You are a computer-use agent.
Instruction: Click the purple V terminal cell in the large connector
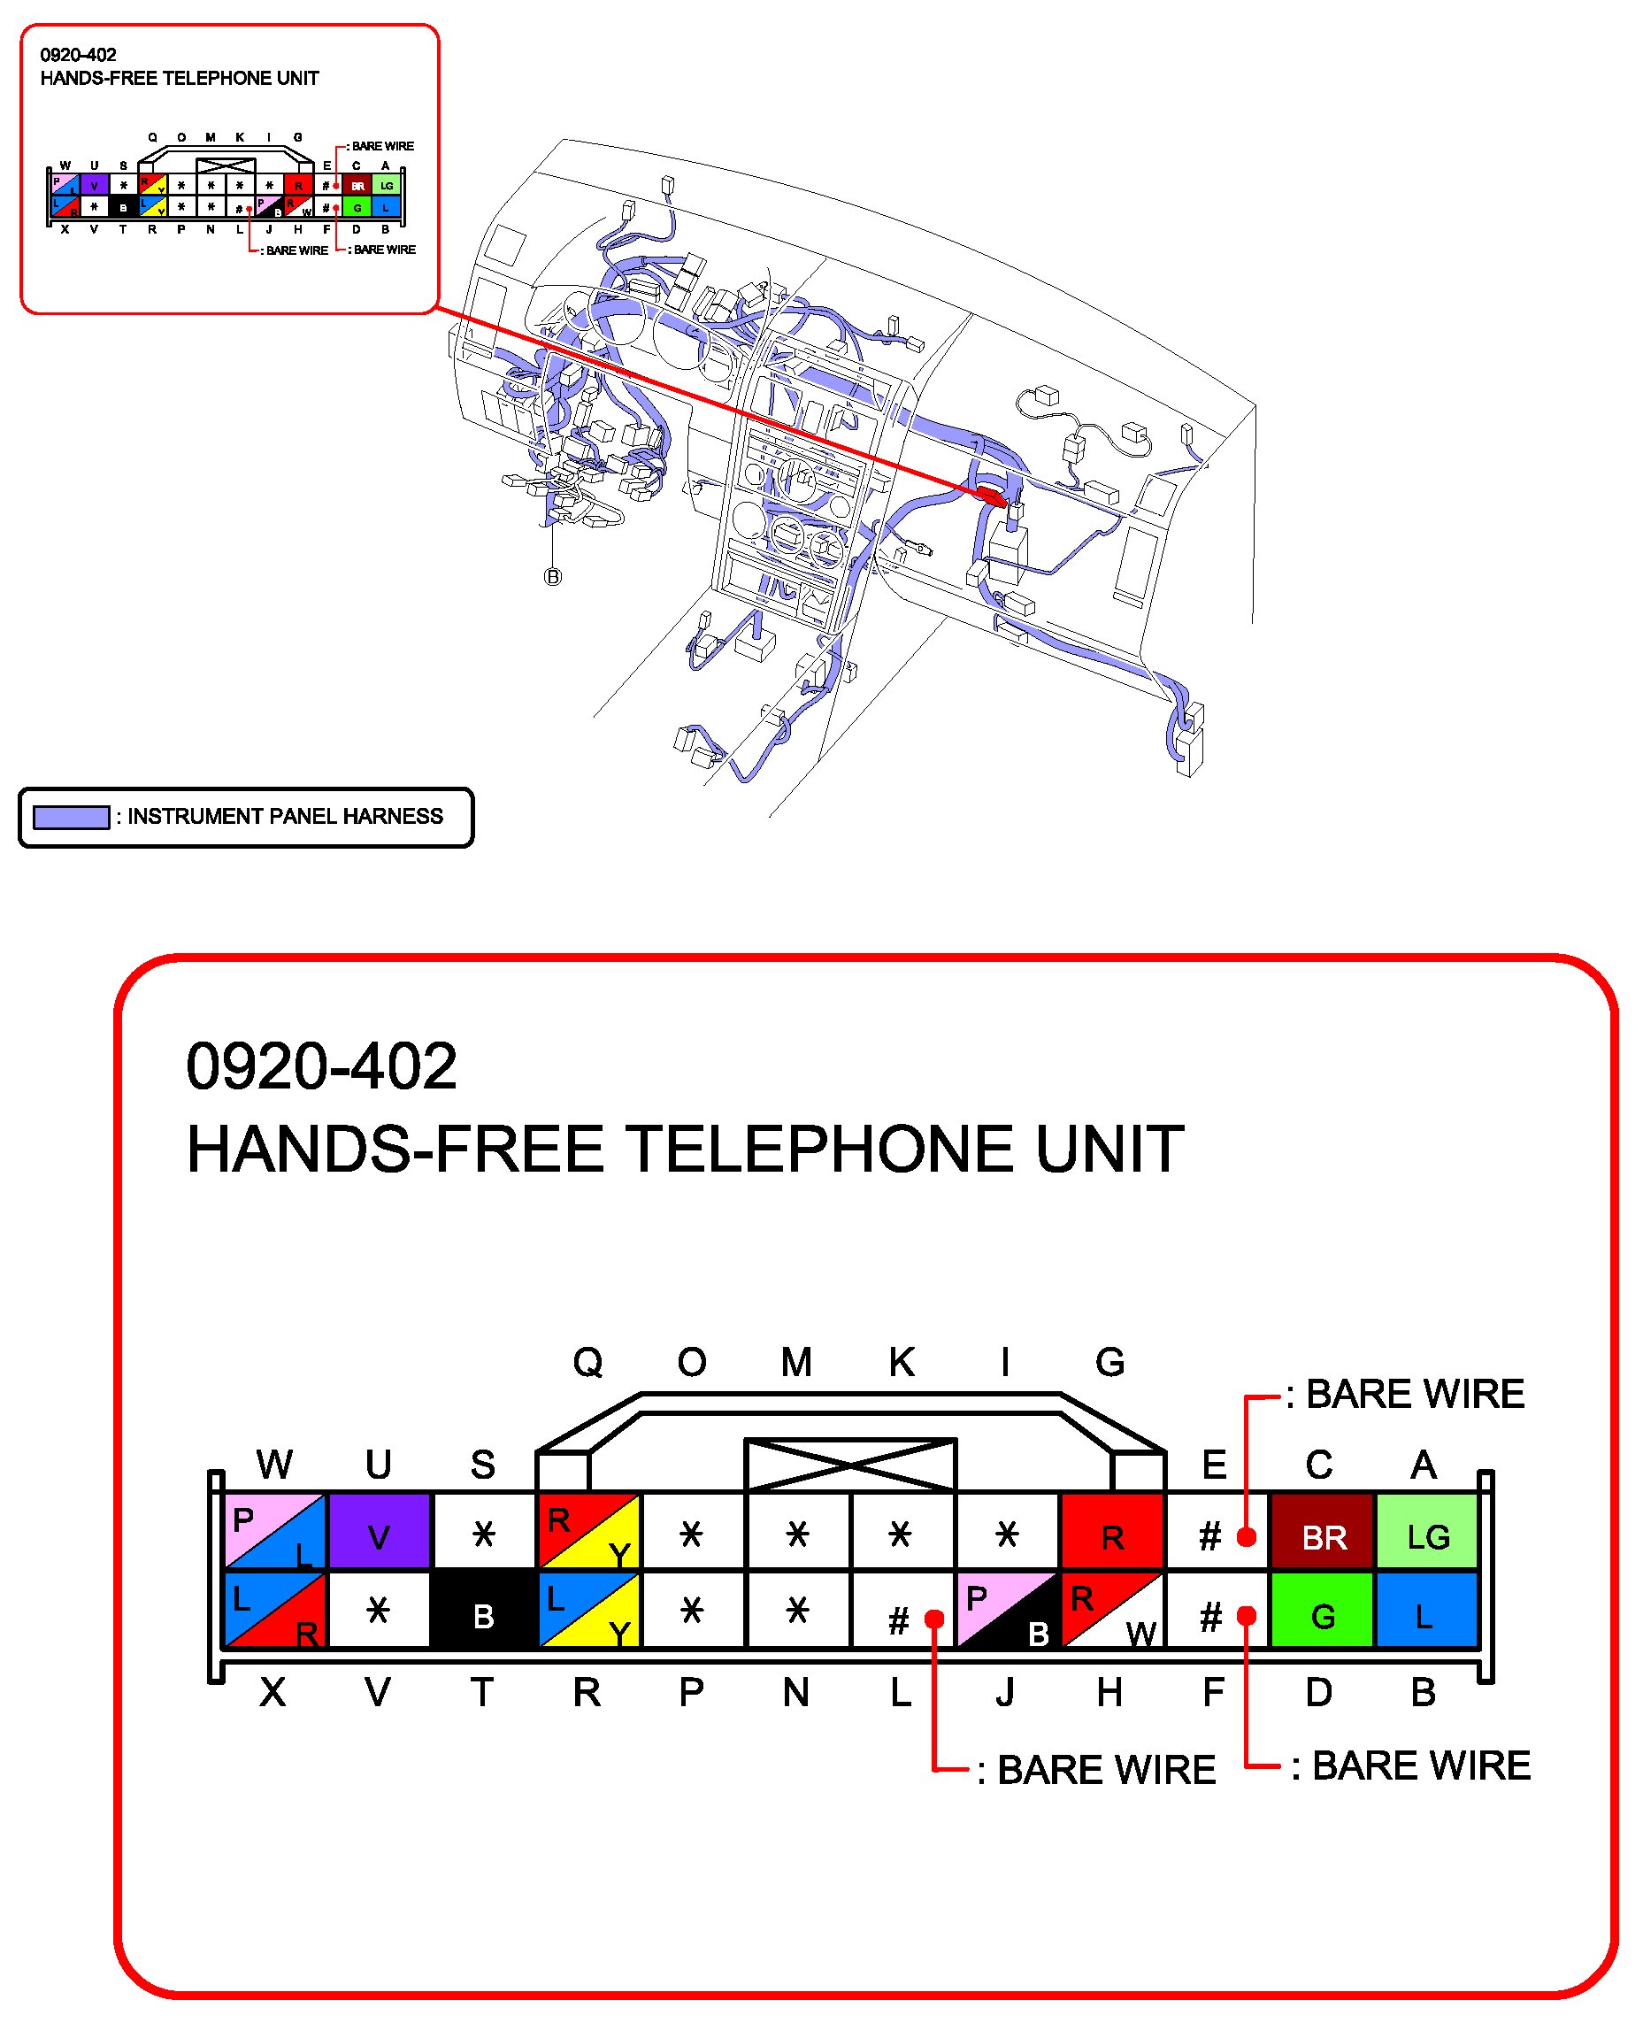coord(379,1532)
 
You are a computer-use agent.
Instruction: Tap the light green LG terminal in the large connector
coord(1426,1532)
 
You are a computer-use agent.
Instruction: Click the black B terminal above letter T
coord(483,1611)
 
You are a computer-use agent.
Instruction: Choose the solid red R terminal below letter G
coord(1111,1532)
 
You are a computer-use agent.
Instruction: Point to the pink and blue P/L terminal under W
coord(274,1532)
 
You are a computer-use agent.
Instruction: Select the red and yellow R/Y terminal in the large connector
coord(587,1532)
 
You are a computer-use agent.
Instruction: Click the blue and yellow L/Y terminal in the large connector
coord(587,1611)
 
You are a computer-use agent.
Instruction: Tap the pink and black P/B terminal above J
coord(1006,1611)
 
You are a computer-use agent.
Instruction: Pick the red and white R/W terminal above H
coord(1111,1611)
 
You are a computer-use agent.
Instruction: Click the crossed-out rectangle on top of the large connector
coord(850,1465)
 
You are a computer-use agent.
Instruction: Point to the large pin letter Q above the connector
coord(587,1362)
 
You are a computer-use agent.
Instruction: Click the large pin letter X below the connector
coord(273,1692)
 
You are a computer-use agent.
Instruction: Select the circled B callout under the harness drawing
coord(553,576)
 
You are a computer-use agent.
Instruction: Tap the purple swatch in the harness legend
coord(71,817)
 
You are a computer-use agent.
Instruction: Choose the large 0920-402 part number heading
coord(322,1066)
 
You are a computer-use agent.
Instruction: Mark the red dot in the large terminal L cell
coord(934,1618)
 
